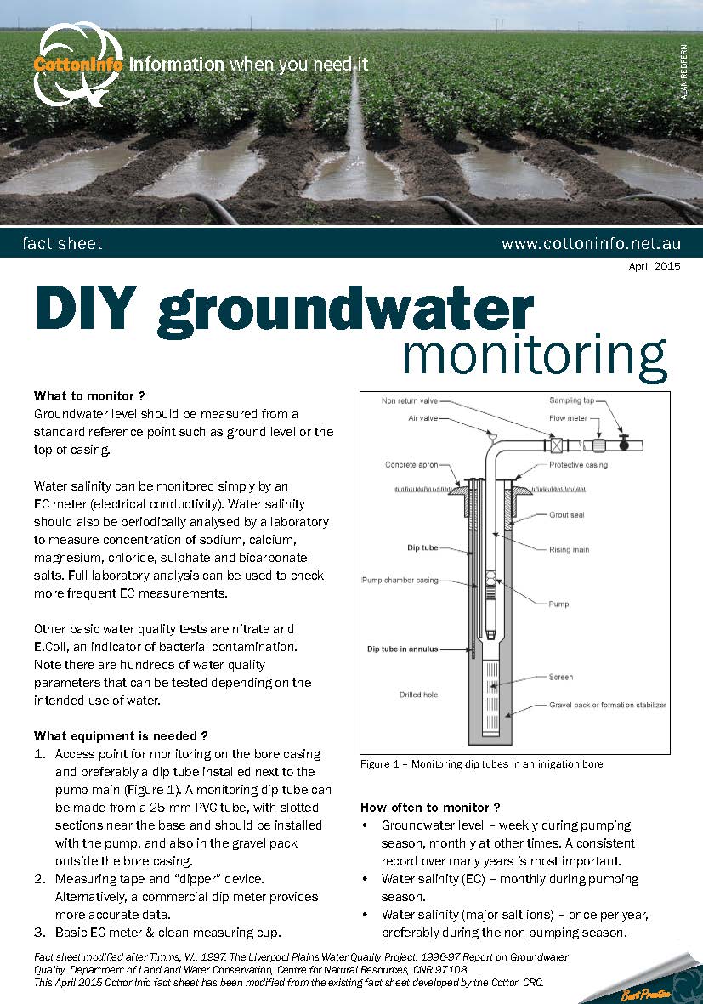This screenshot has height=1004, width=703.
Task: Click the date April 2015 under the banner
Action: [x=655, y=267]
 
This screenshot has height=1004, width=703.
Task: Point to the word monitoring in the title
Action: [x=534, y=357]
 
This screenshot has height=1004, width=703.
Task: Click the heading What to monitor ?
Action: [x=89, y=395]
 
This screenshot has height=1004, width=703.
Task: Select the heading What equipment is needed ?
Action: [x=121, y=735]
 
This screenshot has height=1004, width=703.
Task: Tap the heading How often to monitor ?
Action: [x=430, y=807]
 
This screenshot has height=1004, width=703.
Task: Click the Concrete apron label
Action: [x=412, y=464]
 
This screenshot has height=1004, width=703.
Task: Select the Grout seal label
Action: [x=566, y=515]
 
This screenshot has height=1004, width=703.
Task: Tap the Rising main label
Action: [x=569, y=549]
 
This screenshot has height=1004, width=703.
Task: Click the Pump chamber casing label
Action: [x=400, y=581]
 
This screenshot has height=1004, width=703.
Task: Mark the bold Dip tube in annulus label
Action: [x=403, y=649]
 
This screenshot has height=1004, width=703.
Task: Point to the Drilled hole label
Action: [x=419, y=695]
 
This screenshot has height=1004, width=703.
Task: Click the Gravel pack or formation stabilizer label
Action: [x=607, y=705]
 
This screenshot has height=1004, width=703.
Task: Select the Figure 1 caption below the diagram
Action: [x=481, y=764]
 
